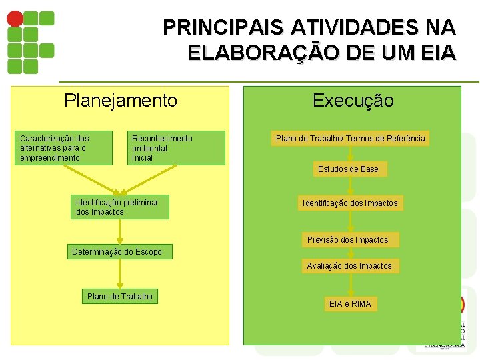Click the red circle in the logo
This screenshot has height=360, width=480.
click(15, 17)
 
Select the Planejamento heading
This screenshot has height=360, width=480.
click(121, 101)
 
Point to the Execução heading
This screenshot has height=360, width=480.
click(353, 101)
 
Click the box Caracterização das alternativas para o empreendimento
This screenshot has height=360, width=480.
click(65, 148)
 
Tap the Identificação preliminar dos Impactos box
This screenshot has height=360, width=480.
click(120, 207)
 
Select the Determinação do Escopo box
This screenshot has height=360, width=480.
click(121, 251)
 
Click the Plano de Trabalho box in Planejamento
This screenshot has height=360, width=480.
click(120, 296)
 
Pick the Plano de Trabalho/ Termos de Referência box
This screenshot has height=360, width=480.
click(350, 139)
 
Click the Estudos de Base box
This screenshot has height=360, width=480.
click(348, 169)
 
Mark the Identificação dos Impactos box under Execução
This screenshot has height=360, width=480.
click(350, 203)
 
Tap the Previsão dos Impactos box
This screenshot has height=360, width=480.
click(347, 239)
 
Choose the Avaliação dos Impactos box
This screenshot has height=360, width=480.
click(349, 266)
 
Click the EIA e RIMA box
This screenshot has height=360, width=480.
click(350, 304)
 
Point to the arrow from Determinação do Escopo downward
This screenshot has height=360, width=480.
click(120, 274)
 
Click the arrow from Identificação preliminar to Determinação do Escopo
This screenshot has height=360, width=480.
click(120, 232)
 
